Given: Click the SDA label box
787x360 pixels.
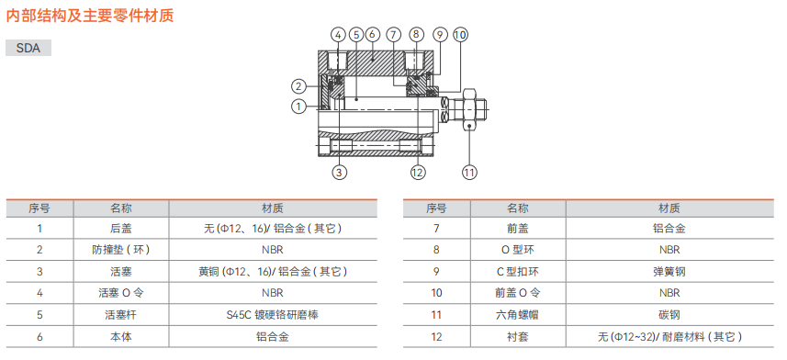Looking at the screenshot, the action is (28, 48).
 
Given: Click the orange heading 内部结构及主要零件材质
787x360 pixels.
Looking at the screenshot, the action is (90, 16).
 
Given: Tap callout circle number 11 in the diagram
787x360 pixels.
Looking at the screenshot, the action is (469, 173).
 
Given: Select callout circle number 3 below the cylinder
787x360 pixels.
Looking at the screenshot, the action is (339, 173).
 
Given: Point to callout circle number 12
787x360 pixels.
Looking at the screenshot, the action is (418, 173).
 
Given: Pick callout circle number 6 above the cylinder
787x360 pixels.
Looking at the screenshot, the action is (372, 35).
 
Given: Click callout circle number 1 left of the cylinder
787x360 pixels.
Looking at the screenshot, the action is (298, 107).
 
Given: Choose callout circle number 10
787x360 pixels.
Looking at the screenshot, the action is (460, 35).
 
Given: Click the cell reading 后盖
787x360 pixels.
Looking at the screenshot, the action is (121, 229).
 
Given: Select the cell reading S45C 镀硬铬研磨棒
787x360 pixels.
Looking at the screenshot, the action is (272, 315).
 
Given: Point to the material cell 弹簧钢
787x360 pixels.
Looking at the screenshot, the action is (669, 272).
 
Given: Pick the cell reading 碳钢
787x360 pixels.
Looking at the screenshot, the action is (669, 315).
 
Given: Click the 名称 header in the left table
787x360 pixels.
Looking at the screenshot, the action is (121, 208).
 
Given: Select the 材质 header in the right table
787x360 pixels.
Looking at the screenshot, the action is (669, 208).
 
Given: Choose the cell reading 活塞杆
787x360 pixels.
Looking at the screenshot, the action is (121, 315).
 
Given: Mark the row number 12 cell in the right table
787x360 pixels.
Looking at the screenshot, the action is (436, 336).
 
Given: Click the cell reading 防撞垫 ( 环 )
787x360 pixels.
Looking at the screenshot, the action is (121, 250).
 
